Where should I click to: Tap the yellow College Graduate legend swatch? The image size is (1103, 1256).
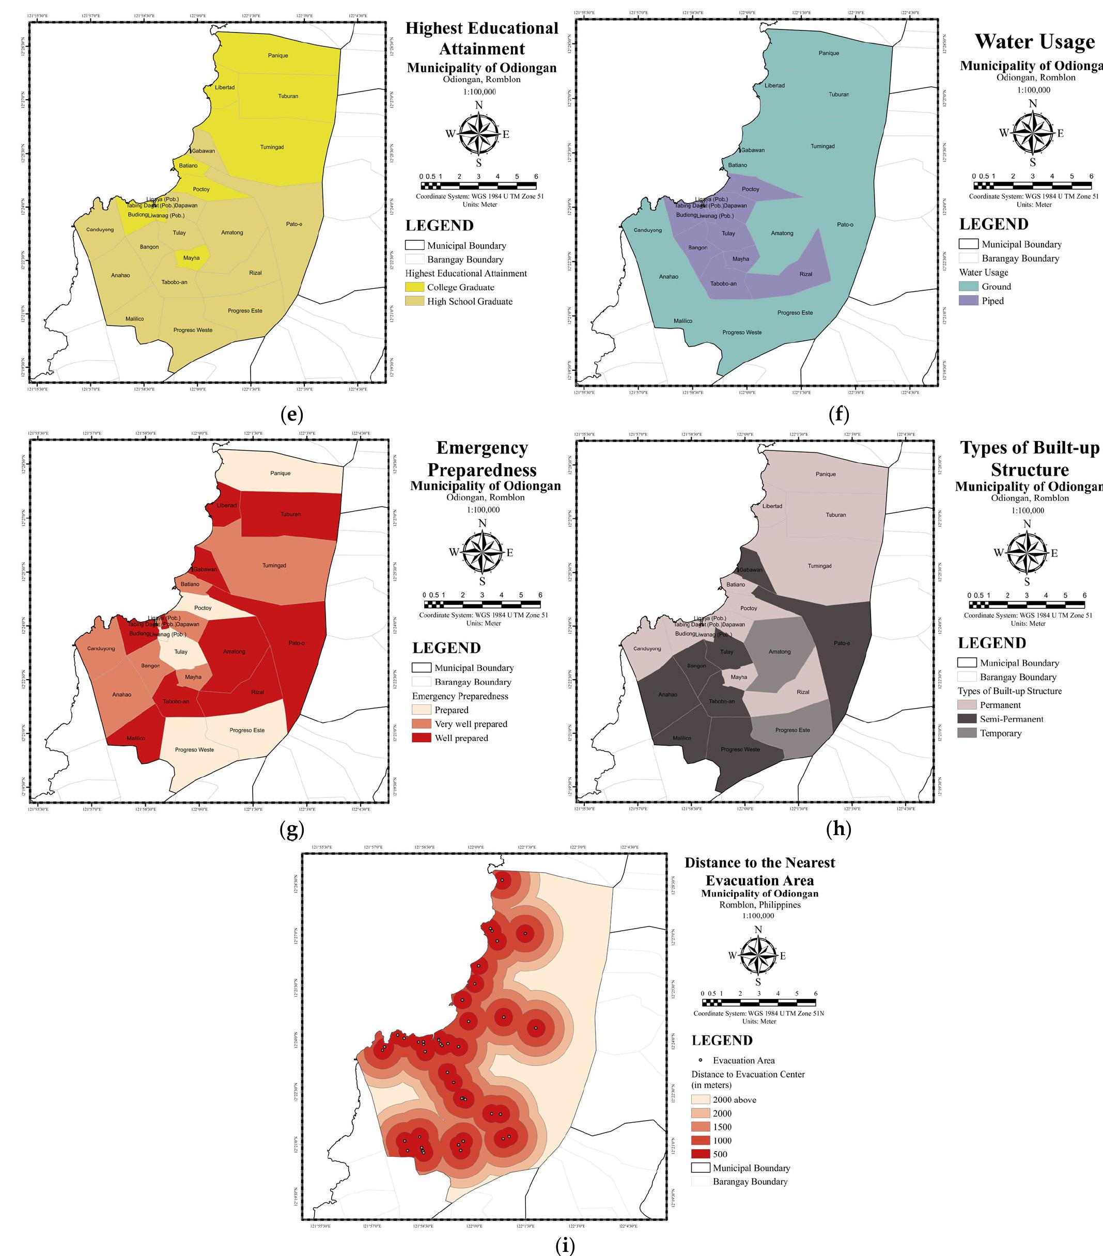click(x=414, y=287)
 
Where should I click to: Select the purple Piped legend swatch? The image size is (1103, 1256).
click(x=968, y=301)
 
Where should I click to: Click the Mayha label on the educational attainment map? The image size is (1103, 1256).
click(x=191, y=258)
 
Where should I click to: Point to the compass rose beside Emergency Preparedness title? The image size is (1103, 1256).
click(x=482, y=552)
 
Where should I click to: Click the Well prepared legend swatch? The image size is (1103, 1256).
click(x=421, y=738)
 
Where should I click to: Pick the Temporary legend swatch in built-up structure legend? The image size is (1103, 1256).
click(x=967, y=733)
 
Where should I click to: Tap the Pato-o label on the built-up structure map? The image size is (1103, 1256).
click(x=842, y=643)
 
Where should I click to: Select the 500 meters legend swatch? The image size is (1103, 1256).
click(x=700, y=1154)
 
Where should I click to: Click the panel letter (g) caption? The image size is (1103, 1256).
click(x=291, y=829)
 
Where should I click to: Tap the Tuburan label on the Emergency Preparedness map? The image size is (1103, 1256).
click(x=291, y=514)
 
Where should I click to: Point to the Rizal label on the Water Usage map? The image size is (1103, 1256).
click(x=805, y=275)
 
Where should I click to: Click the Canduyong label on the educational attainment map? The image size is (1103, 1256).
click(x=100, y=230)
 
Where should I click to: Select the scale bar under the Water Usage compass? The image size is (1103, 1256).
click(x=1033, y=185)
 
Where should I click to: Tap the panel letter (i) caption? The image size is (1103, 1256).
click(x=564, y=1246)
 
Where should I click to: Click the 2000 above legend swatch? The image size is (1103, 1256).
click(x=700, y=1100)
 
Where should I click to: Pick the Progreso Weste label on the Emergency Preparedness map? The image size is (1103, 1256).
click(x=194, y=750)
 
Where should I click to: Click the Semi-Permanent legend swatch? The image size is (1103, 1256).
click(x=967, y=719)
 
